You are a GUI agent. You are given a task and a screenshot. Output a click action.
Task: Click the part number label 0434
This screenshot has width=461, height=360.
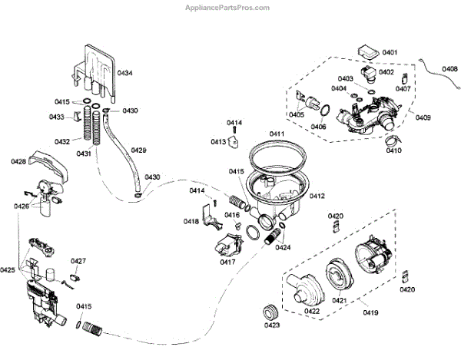click(x=124, y=73)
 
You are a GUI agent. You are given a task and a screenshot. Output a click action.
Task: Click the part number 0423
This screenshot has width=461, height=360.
click(x=271, y=326)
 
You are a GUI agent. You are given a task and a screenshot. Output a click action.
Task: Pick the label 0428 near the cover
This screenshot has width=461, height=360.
click(x=18, y=161)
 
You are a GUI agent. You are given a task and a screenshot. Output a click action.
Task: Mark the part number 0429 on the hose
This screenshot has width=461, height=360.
click(x=138, y=150)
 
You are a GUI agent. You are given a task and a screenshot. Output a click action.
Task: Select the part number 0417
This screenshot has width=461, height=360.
click(x=227, y=262)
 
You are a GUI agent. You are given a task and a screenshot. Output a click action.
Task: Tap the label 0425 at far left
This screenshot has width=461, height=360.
click(x=8, y=270)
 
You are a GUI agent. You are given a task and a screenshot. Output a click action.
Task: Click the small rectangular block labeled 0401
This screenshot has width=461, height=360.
click(x=367, y=51)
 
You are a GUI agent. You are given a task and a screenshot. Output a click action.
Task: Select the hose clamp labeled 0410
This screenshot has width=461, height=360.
click(x=393, y=140)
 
